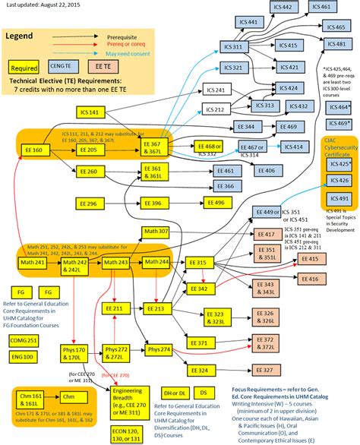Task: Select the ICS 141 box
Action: pos(89,112)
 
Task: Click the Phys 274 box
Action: pos(159,349)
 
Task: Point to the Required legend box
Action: pos(24,68)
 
